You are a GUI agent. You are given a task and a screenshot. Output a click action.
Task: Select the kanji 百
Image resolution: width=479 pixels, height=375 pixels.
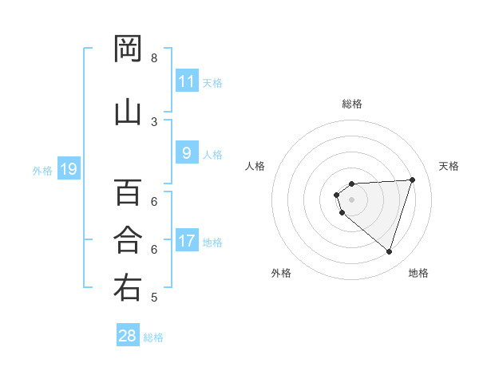(x=128, y=192)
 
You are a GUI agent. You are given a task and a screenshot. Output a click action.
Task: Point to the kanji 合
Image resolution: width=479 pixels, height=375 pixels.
(x=128, y=239)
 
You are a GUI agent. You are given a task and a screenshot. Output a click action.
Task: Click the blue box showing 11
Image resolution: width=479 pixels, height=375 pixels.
(x=186, y=81)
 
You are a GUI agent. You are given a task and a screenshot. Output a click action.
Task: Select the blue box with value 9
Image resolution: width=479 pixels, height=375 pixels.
(x=186, y=154)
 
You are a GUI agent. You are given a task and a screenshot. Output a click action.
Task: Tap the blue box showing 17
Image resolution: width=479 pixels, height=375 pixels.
(x=186, y=242)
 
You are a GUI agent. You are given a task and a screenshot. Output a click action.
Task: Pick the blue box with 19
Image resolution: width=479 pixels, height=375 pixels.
(x=69, y=169)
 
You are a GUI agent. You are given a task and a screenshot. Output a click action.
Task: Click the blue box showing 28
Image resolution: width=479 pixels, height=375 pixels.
(x=128, y=336)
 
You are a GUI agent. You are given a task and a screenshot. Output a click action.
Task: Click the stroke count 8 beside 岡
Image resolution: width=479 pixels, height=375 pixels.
(x=154, y=58)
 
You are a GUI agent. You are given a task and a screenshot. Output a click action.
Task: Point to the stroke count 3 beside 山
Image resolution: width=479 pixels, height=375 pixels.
(x=154, y=121)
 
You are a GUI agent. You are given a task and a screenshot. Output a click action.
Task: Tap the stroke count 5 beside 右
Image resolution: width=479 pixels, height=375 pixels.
(x=154, y=298)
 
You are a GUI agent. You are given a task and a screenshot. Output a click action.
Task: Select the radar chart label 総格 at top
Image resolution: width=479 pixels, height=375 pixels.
(x=351, y=104)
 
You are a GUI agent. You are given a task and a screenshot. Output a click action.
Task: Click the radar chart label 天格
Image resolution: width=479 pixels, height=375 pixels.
(x=449, y=166)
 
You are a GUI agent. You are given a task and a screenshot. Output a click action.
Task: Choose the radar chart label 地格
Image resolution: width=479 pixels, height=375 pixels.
(x=418, y=273)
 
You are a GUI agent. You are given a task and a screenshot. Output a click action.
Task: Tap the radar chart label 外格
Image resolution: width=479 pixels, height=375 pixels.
(x=281, y=273)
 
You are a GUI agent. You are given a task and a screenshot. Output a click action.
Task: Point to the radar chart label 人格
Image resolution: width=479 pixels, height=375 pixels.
(x=255, y=166)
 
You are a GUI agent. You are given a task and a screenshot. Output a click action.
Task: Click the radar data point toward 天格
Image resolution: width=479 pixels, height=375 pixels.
(x=413, y=180)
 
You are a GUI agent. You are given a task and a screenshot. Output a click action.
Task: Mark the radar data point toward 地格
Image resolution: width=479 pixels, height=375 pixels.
(x=389, y=252)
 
